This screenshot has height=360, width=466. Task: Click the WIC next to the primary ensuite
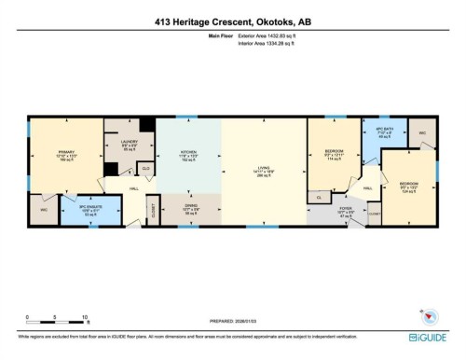42,210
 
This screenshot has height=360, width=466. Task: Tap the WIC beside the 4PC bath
422,132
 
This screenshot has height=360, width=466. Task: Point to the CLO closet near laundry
145,169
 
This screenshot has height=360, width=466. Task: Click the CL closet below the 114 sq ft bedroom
320,197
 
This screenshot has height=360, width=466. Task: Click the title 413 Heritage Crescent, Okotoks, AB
232,21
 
